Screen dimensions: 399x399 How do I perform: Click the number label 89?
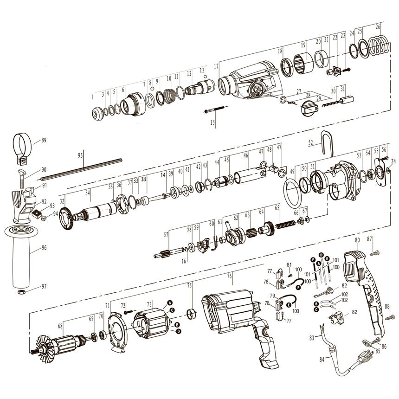(x=44, y=140)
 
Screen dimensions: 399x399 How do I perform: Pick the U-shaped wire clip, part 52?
(x=328, y=144)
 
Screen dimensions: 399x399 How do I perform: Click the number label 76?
(x=229, y=276)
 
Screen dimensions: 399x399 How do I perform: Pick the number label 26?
(x=378, y=27)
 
